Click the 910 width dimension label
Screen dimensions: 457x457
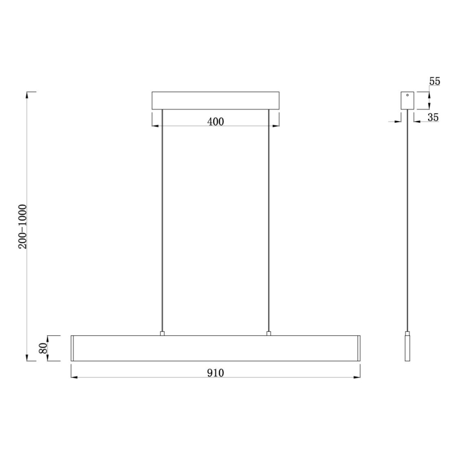click(x=215, y=373)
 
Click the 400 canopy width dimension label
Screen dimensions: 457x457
click(x=215, y=122)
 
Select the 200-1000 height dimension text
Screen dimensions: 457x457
click(x=23, y=226)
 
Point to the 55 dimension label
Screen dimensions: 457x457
click(x=434, y=82)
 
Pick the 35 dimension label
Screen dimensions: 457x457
click(x=433, y=117)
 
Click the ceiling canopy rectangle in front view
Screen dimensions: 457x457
click(x=215, y=101)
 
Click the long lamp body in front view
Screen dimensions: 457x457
click(x=215, y=348)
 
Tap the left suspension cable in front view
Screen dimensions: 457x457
click(x=162, y=221)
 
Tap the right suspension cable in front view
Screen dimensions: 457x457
click(x=269, y=221)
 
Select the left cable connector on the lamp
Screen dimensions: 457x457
click(x=162, y=333)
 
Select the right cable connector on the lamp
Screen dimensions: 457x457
click(x=269, y=333)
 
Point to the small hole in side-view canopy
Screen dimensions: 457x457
click(x=407, y=95)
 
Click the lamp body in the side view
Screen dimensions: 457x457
click(x=407, y=348)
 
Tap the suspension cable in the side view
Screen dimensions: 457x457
click(x=407, y=221)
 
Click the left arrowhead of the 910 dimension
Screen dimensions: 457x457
click(x=73, y=377)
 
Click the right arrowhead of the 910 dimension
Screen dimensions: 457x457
click(x=358, y=377)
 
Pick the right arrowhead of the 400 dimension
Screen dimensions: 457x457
click(x=276, y=126)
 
